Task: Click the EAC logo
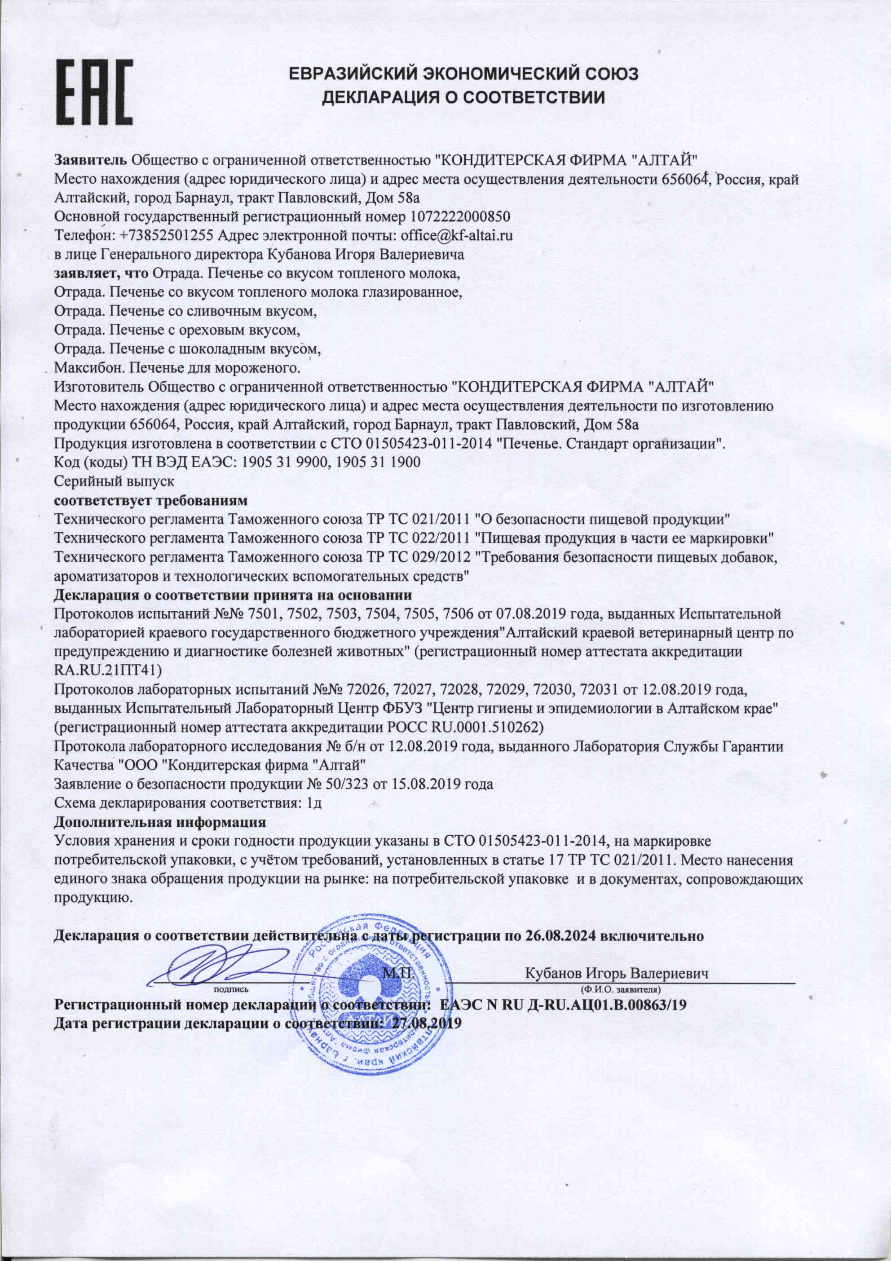pyautogui.click(x=94, y=92)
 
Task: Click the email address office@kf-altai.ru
pyautogui.click(x=456, y=236)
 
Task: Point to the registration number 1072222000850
pyautogui.click(x=460, y=216)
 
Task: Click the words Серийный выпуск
pyautogui.click(x=114, y=481)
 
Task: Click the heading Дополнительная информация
pyautogui.click(x=160, y=822)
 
